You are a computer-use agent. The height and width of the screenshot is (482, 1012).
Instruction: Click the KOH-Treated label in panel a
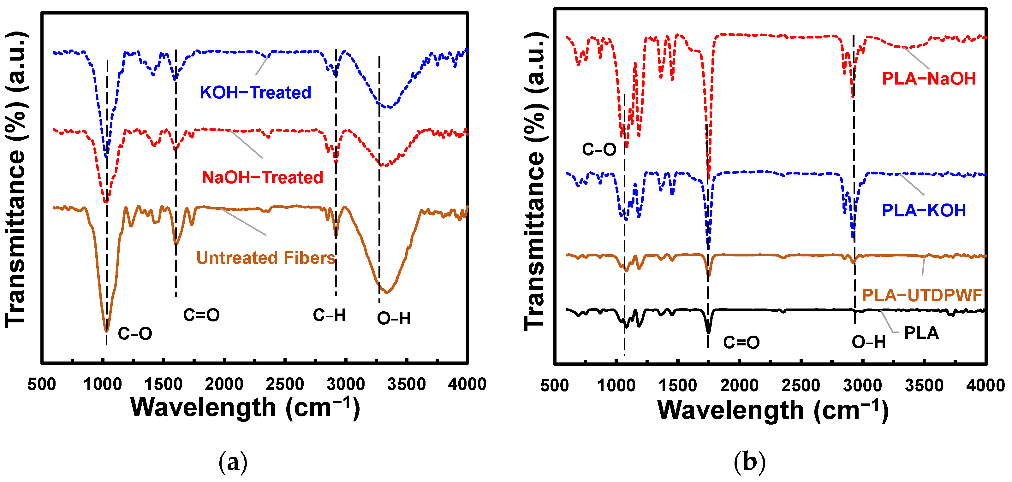(255, 93)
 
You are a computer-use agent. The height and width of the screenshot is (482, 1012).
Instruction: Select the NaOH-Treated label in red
(262, 177)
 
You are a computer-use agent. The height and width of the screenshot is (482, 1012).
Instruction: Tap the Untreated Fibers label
(266, 258)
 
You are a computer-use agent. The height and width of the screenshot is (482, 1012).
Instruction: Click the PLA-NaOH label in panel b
(929, 79)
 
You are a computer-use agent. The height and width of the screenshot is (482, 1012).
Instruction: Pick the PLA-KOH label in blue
(924, 210)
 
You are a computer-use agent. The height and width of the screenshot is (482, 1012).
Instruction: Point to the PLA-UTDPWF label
(922, 295)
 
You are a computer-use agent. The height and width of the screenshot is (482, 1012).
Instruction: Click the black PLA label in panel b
(921, 333)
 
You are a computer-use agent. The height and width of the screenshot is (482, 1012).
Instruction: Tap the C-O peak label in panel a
(135, 334)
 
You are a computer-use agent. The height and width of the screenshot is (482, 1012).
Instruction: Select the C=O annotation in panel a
(201, 315)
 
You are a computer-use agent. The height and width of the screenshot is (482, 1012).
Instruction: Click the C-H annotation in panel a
(329, 315)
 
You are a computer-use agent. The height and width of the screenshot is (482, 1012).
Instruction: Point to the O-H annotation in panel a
(394, 318)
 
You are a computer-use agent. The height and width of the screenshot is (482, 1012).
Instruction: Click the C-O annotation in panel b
(599, 150)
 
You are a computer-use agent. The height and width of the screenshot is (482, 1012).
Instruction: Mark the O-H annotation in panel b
(869, 342)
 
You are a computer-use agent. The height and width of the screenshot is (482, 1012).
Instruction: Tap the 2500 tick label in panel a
(285, 384)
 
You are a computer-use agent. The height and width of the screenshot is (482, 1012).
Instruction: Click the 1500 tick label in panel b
(677, 385)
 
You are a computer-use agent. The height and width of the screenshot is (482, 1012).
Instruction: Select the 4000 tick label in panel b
(985, 385)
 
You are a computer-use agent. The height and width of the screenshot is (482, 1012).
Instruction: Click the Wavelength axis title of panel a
(245, 408)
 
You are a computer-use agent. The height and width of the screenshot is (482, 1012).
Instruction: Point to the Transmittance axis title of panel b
(535, 180)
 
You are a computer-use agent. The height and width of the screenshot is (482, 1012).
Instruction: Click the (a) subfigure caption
(233, 461)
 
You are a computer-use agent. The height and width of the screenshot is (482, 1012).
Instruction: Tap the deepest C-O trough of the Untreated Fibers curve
(106, 331)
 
